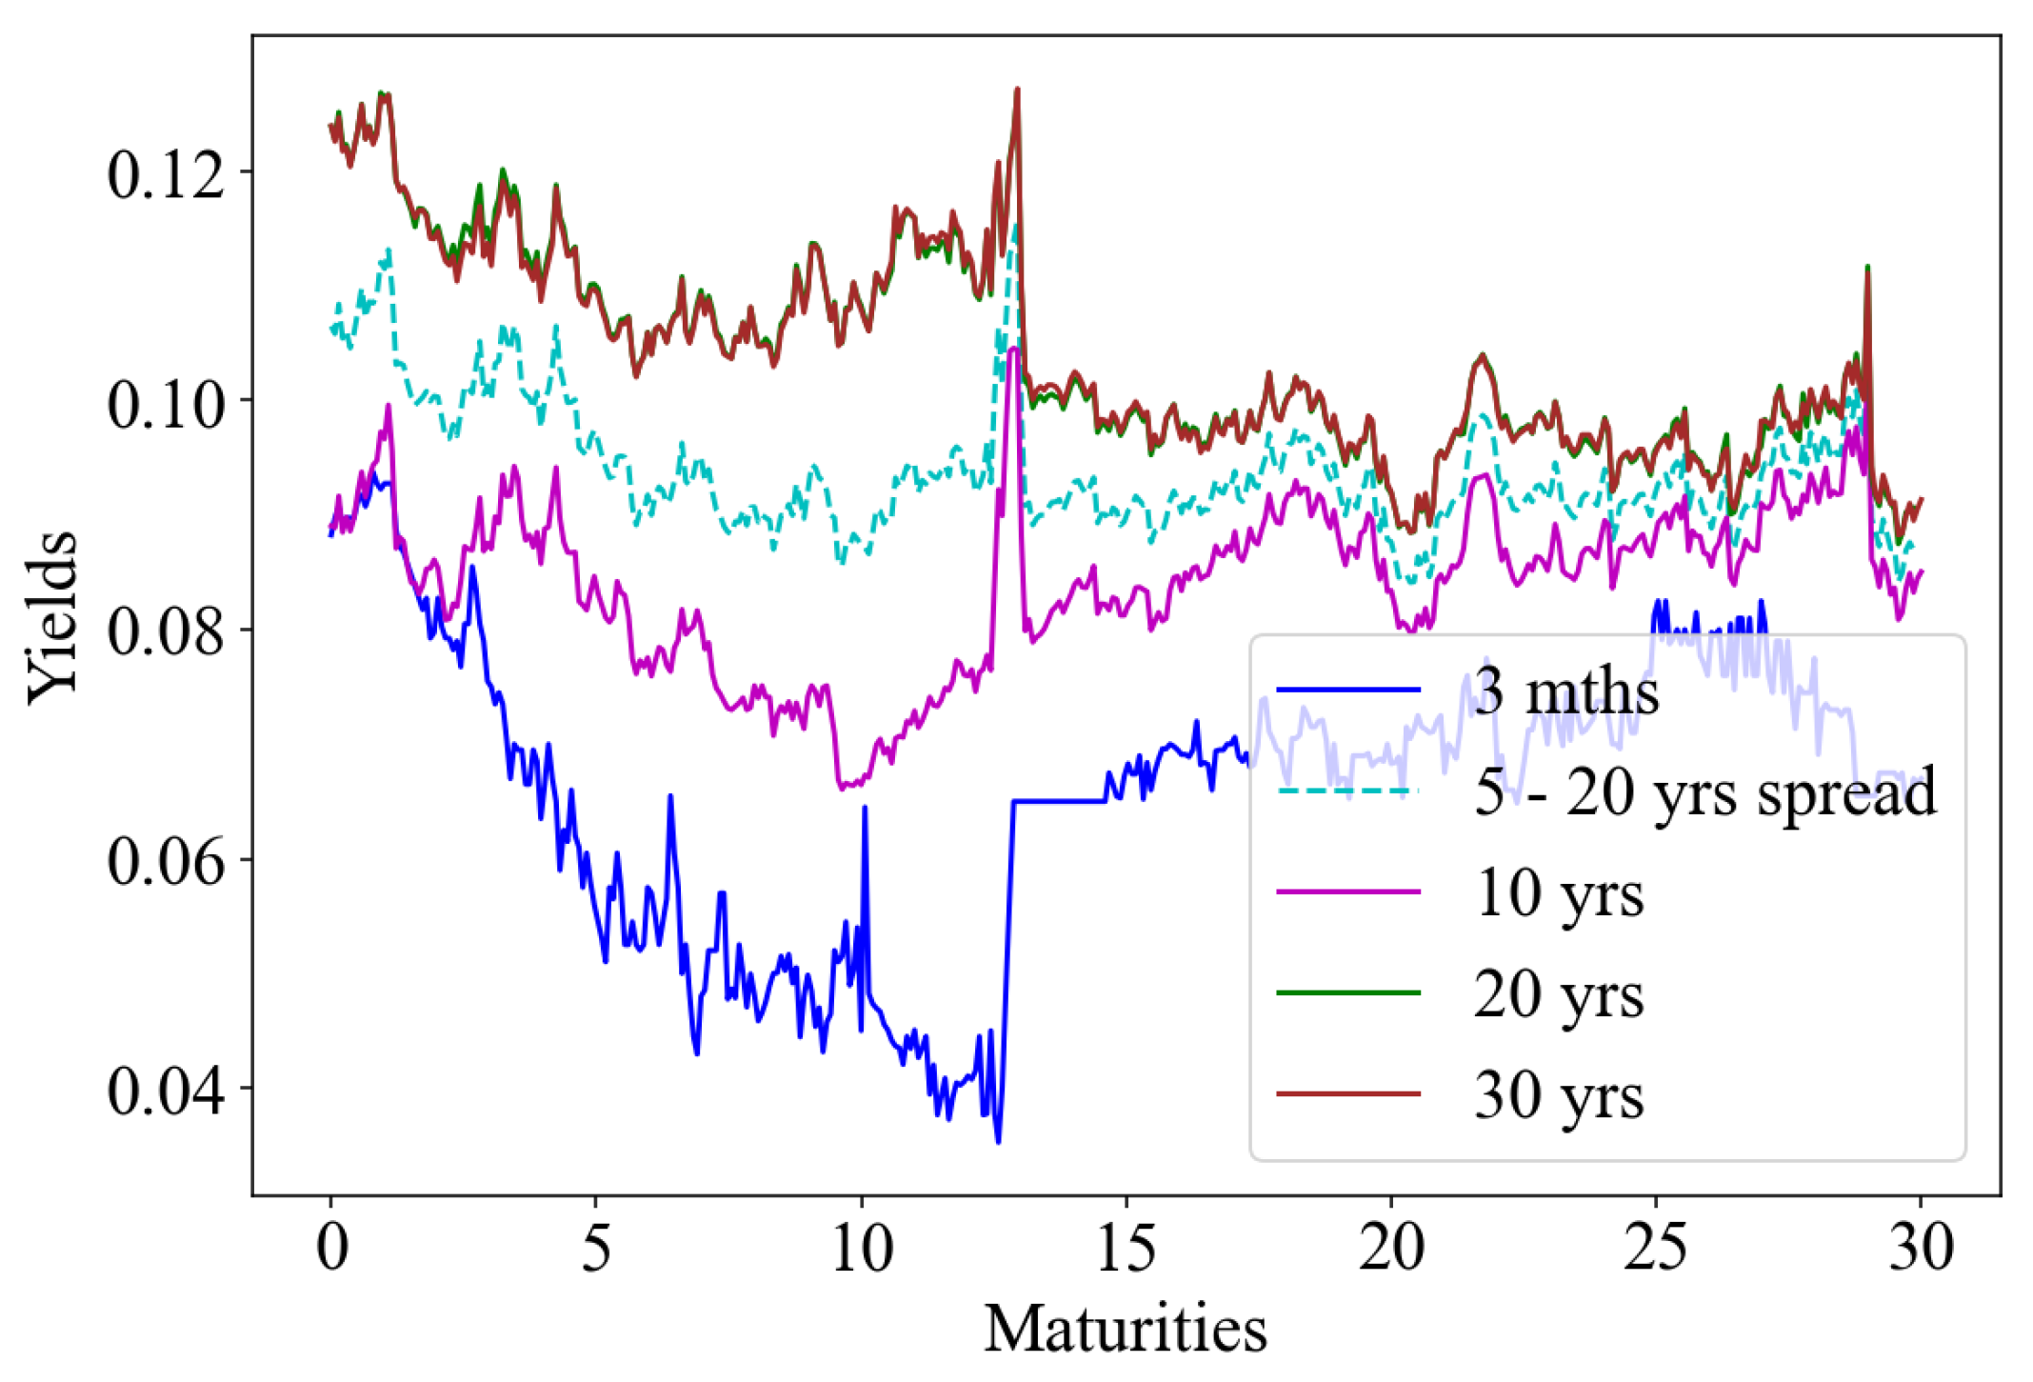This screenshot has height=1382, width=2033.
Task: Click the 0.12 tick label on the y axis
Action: point(165,174)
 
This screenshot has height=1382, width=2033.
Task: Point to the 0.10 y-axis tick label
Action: point(165,403)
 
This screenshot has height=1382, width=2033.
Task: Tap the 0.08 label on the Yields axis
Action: point(165,631)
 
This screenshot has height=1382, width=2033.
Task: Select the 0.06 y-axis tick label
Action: point(165,861)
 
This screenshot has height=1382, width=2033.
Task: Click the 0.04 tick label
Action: point(165,1090)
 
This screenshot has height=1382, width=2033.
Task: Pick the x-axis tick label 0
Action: point(331,1247)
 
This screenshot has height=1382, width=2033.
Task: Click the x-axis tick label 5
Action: point(596,1247)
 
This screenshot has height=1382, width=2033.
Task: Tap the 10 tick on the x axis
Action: point(862,1247)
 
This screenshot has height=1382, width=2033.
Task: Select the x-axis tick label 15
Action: point(1126,1247)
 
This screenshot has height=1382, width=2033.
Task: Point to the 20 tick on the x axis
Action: point(1391,1247)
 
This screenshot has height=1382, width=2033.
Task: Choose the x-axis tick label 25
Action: point(1656,1247)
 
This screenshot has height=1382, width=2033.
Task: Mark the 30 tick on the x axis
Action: point(1921,1247)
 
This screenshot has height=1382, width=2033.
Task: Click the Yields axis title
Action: point(52,617)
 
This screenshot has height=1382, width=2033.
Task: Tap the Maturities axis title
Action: point(1125,1329)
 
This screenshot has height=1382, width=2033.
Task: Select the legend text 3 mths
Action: point(1566,691)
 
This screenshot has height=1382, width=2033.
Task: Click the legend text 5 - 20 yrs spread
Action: point(1704,791)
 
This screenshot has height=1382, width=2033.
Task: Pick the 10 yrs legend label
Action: point(1559,893)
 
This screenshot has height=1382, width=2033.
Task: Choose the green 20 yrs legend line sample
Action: point(1347,992)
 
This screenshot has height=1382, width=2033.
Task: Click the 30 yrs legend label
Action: point(1559,1095)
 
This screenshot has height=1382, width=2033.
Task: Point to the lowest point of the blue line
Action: point(998,1142)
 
